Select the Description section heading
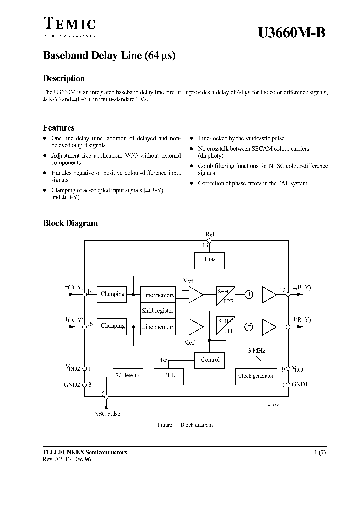pos(64,78)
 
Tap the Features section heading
pos(59,128)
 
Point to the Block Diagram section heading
pos(70,223)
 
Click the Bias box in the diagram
pos(210,260)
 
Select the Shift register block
pos(158,311)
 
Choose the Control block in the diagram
pos(210,360)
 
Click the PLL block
pos(169,376)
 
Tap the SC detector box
pos(128,376)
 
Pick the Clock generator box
pos(255,376)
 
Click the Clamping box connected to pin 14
pos(112,294)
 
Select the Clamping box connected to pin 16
pos(112,326)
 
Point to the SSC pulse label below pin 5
pos(107,414)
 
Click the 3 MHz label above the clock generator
pos(256,351)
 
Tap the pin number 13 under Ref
pos(205,245)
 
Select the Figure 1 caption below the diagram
pos(185,425)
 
